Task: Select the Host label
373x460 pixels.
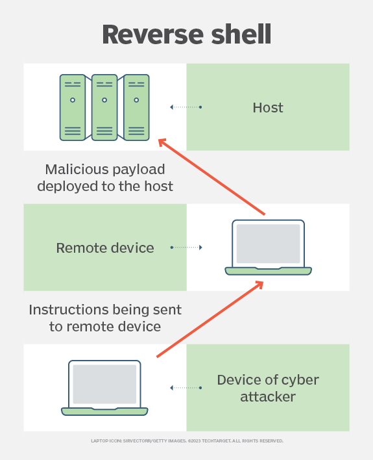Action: pyautogui.click(x=268, y=107)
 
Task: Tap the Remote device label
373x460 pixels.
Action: pyautogui.click(x=105, y=248)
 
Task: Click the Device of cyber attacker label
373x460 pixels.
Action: pyautogui.click(x=268, y=388)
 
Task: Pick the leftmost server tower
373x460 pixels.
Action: pyautogui.click(x=73, y=107)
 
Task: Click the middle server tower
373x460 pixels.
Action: pyautogui.click(x=104, y=107)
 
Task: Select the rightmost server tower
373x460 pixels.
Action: pyautogui.click(x=136, y=107)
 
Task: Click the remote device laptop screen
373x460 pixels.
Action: pyautogui.click(x=268, y=244)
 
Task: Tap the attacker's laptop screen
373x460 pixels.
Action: pyautogui.click(x=104, y=384)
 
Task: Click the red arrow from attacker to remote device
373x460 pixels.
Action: pyautogui.click(x=210, y=319)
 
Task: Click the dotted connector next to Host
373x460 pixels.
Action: pyautogui.click(x=186, y=107)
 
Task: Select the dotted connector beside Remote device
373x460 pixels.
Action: pyautogui.click(x=186, y=248)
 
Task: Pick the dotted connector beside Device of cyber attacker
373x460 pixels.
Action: pyautogui.click(x=186, y=388)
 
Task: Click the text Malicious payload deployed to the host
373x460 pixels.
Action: pyautogui.click(x=105, y=177)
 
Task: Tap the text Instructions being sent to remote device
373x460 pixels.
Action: pyautogui.click(x=105, y=318)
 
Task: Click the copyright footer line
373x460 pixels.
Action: pyautogui.click(x=187, y=441)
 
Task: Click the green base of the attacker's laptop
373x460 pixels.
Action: pyautogui.click(x=104, y=411)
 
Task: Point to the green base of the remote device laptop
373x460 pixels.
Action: pyautogui.click(x=268, y=271)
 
